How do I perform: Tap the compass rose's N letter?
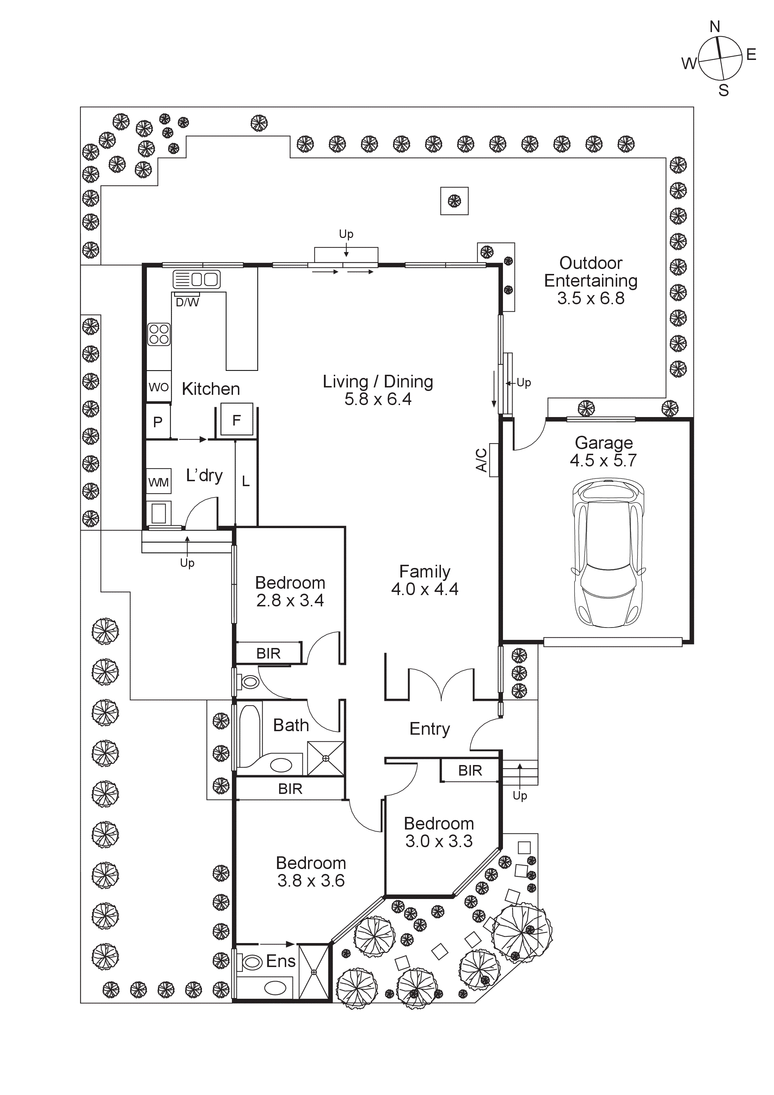[714, 27]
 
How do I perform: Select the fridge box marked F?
[236, 420]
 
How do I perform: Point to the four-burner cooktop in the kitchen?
[159, 334]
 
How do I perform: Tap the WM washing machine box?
[158, 482]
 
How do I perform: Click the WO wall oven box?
[158, 387]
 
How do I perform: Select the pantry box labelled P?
[158, 422]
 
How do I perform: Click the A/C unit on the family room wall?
[493, 460]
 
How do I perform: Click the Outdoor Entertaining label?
[590, 272]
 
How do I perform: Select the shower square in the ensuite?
[314, 972]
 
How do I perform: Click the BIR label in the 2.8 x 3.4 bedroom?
[269, 653]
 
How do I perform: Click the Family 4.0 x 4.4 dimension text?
[424, 589]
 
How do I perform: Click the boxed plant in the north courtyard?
[454, 201]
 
